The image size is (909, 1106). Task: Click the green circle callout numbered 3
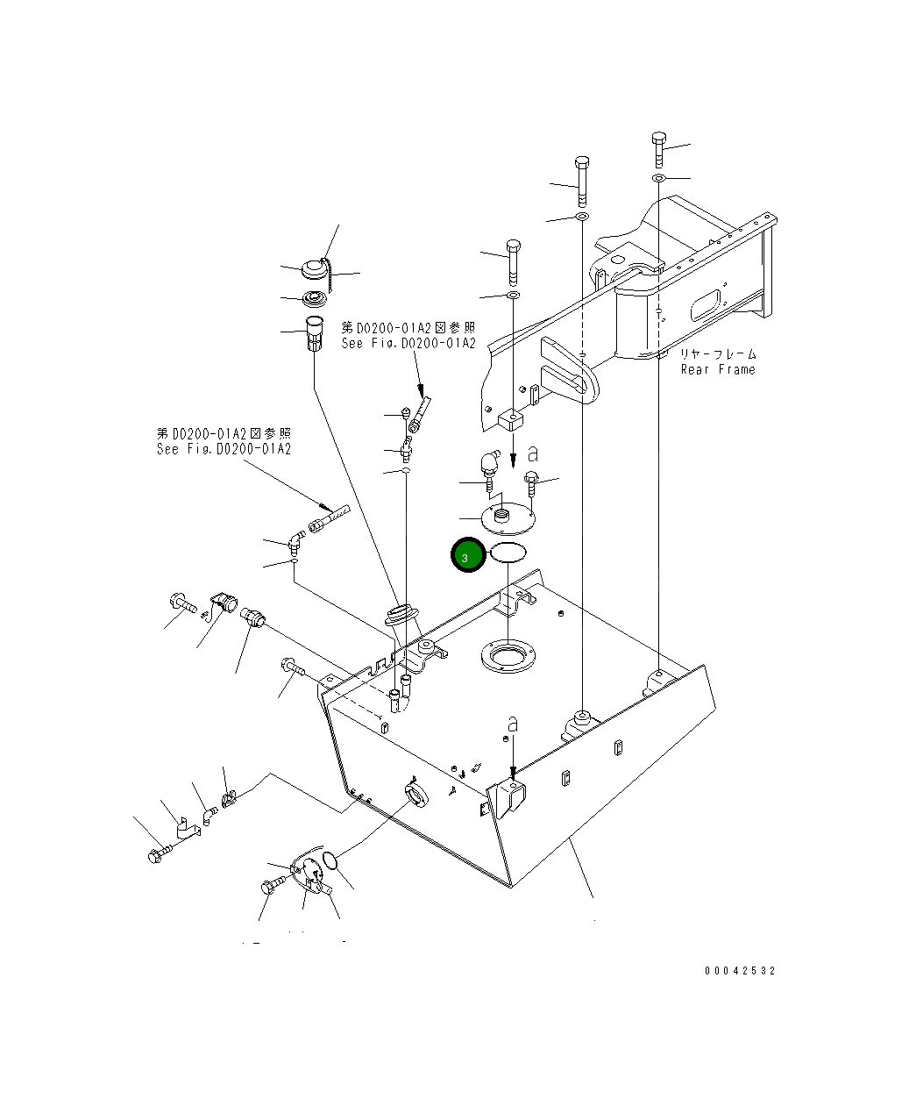click(466, 556)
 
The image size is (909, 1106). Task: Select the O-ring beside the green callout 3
click(508, 553)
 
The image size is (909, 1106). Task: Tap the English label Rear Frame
click(717, 370)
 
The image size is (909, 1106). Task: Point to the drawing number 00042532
click(740, 971)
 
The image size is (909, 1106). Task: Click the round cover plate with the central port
click(508, 519)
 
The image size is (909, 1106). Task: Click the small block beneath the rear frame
click(509, 419)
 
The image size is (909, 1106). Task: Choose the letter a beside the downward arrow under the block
click(533, 453)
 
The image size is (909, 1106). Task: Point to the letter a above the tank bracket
click(513, 724)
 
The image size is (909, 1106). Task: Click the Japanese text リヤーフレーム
click(718, 354)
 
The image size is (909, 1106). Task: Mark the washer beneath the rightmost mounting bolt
click(658, 180)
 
